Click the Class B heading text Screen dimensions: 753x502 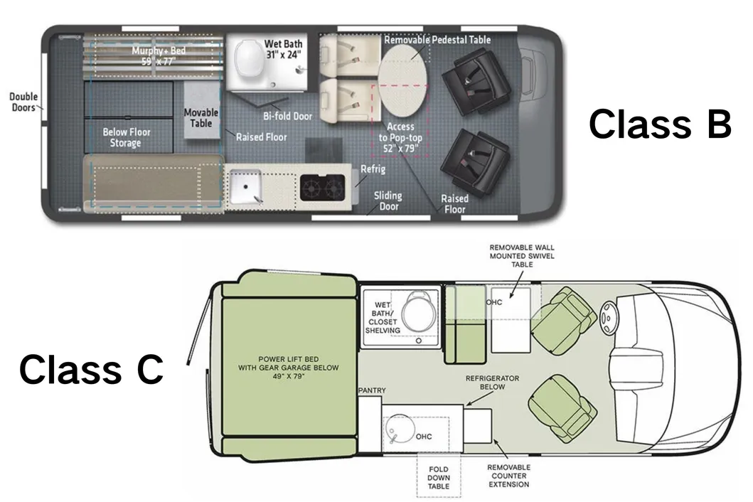(660, 124)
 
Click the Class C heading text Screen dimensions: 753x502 (91, 369)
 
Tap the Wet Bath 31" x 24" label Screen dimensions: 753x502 (283, 49)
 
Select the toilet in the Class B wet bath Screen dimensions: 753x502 (247, 58)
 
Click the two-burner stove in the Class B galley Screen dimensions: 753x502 (322, 187)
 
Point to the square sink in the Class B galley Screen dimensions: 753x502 (245, 186)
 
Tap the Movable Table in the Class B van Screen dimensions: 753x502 (201, 110)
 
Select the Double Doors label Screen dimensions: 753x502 (23, 102)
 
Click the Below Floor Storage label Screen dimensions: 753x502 (126, 137)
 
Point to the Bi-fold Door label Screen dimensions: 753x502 (287, 116)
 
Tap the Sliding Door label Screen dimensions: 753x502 (388, 201)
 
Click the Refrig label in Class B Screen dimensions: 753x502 (373, 169)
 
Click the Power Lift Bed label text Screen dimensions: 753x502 (289, 368)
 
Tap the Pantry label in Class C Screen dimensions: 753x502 (372, 390)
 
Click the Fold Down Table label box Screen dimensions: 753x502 (439, 478)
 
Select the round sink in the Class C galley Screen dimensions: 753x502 (400, 429)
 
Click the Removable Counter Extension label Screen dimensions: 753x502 (509, 476)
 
